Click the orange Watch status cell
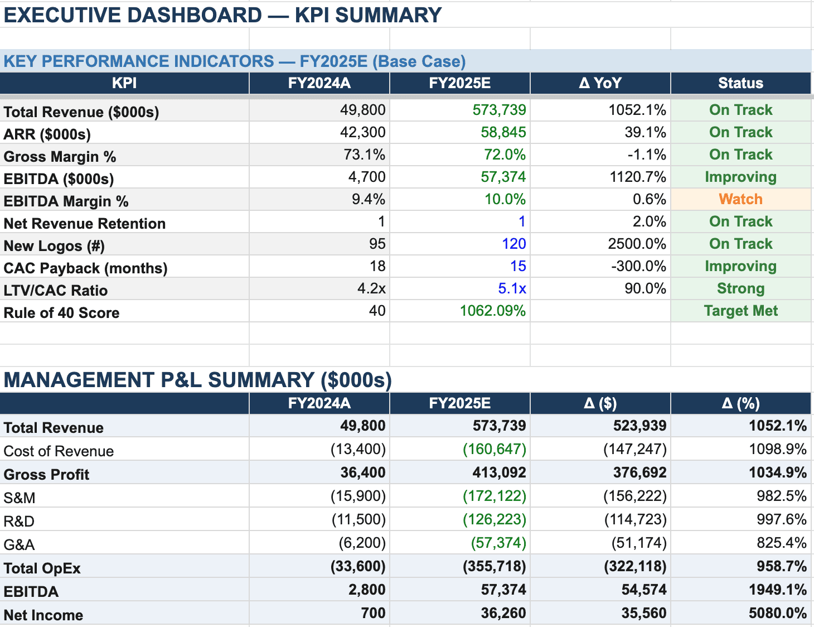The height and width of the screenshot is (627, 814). point(740,199)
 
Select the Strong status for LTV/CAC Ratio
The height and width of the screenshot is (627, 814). point(740,288)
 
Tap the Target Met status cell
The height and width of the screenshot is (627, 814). point(740,311)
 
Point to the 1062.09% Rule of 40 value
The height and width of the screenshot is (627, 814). point(492,311)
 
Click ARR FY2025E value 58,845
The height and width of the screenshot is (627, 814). point(503,132)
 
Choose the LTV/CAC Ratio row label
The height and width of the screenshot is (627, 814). point(56,291)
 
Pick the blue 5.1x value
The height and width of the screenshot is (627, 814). point(512,288)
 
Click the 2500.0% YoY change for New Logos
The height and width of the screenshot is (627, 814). point(637,244)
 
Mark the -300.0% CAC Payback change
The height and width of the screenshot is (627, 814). point(638,266)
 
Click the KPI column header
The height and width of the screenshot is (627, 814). point(124,83)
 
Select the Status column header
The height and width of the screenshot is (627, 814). point(740,83)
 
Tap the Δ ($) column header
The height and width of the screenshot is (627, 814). point(600,403)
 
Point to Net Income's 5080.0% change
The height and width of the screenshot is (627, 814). point(777,613)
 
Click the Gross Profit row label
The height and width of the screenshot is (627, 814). point(46,475)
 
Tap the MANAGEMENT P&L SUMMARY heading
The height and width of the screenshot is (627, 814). point(197,380)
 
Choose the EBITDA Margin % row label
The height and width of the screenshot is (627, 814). point(66,201)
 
